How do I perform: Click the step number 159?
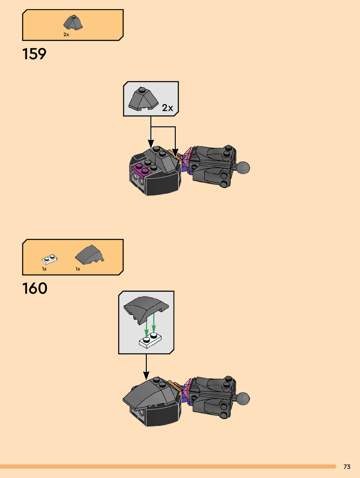tap(34, 54)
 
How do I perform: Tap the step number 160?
tap(35, 288)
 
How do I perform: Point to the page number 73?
tap(347, 467)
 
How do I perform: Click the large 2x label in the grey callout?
tap(167, 108)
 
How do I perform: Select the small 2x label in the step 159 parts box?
tap(66, 35)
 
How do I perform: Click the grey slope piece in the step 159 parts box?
tap(73, 22)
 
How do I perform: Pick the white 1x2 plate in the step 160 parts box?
tap(49, 259)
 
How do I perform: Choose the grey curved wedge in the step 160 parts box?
tap(90, 254)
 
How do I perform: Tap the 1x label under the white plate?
tap(44, 269)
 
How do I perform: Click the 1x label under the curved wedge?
tap(78, 269)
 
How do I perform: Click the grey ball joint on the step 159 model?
tap(243, 168)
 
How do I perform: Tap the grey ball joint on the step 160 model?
tap(243, 399)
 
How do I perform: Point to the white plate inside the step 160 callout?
tap(150, 341)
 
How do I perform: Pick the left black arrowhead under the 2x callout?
tap(151, 144)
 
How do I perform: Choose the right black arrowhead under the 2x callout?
tap(175, 152)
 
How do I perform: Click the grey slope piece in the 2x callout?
tap(143, 99)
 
